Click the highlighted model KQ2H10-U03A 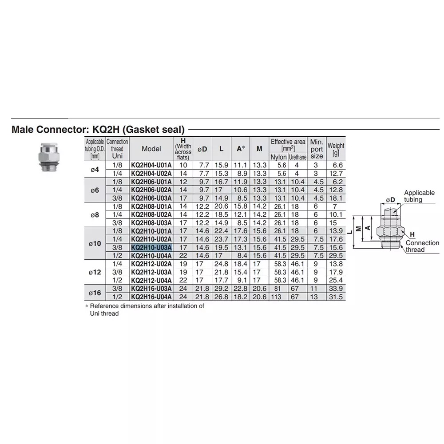pyautogui.click(x=151, y=247)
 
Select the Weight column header pyautogui.click(x=336, y=149)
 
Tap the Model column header pyautogui.click(x=151, y=149)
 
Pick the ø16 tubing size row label pyautogui.click(x=95, y=293)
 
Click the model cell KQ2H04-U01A pyautogui.click(x=151, y=165)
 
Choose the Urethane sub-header pyautogui.click(x=297, y=157)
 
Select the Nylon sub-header pyautogui.click(x=278, y=157)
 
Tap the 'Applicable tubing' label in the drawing pyautogui.click(x=419, y=196)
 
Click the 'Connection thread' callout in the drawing pyautogui.click(x=422, y=246)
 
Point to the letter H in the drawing pyautogui.click(x=412, y=234)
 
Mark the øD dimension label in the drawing pyautogui.click(x=390, y=199)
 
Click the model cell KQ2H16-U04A pyautogui.click(x=151, y=297)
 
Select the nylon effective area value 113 pyautogui.click(x=276, y=297)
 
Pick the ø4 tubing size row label pyautogui.click(x=95, y=169)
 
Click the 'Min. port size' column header pyautogui.click(x=317, y=149)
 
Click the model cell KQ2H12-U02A pyautogui.click(x=151, y=264)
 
